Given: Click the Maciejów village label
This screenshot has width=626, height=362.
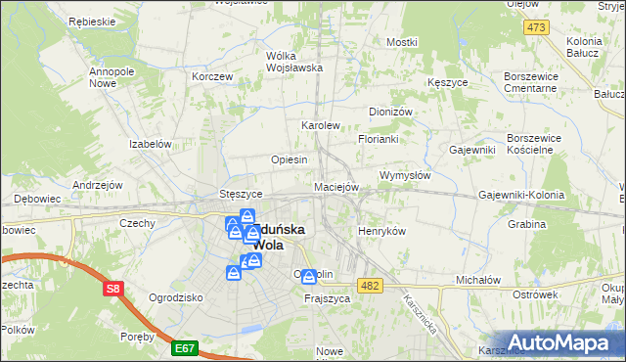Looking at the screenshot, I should point(337,186).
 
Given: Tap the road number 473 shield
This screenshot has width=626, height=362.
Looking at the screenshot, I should point(535,27).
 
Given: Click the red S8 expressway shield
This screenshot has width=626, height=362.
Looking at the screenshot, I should point(113,289).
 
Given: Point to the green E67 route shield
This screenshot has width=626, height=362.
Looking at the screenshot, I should point(184,346).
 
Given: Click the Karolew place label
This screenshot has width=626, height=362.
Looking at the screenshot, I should point(320,126).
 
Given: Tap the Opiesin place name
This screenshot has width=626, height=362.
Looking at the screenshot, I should point(290,159).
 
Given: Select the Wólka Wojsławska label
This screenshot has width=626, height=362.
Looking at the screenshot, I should point(294,62).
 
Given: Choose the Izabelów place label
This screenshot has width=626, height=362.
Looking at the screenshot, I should point(151,143).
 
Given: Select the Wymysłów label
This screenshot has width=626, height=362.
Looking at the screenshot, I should point(405,175).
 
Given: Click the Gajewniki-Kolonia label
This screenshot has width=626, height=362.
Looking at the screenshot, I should point(521,195).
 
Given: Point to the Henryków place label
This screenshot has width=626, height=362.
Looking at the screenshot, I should point(381,230).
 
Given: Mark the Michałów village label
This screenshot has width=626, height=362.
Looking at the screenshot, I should point(478,280).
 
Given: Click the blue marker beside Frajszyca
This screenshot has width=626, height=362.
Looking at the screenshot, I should point(309,277).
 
